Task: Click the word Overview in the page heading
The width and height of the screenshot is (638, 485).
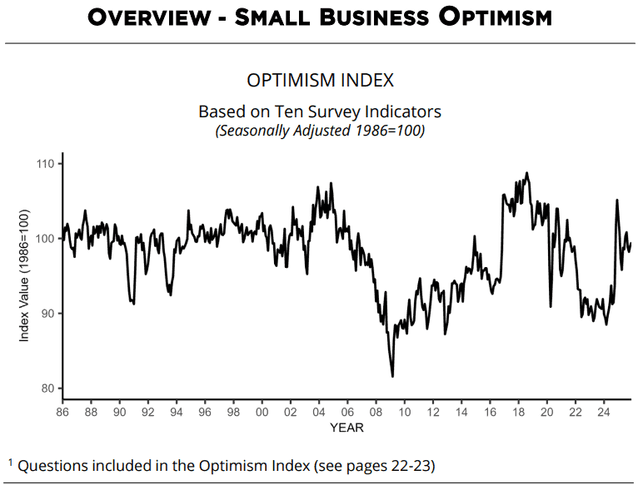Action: click(x=150, y=17)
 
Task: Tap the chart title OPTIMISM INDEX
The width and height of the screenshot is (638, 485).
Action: click(x=320, y=81)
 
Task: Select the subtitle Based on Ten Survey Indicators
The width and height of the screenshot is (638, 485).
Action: click(x=320, y=111)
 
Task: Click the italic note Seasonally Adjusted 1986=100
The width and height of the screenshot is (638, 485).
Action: click(x=320, y=130)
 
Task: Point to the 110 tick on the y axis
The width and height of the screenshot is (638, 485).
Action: click(x=45, y=164)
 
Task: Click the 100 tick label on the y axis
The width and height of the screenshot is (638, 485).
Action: click(x=45, y=239)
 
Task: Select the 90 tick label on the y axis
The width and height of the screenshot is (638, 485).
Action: click(x=47, y=314)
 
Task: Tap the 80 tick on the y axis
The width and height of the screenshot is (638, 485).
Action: click(x=47, y=388)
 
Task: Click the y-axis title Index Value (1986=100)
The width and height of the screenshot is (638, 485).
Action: click(x=24, y=276)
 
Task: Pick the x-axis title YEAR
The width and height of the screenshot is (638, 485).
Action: click(x=346, y=428)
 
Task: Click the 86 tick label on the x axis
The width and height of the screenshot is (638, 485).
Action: click(x=62, y=412)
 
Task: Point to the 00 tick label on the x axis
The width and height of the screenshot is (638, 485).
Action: click(x=262, y=412)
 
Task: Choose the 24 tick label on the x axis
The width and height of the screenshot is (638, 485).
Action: click(x=603, y=412)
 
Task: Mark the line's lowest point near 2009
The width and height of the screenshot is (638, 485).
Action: click(x=392, y=376)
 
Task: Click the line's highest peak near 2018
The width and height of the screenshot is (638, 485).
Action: click(x=526, y=173)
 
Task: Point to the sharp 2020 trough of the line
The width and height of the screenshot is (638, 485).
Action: click(x=551, y=306)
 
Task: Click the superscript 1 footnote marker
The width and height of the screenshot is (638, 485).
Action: click(x=12, y=460)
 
